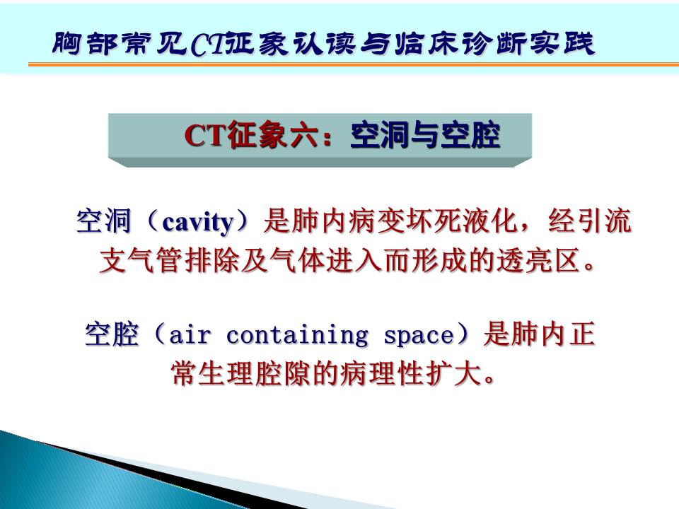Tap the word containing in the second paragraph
click(x=297, y=335)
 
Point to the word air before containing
click(x=190, y=334)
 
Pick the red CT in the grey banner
click(x=206, y=136)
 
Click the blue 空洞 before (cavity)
click(x=103, y=221)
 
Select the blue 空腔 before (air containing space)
click(x=112, y=334)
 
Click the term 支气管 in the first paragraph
click(x=140, y=261)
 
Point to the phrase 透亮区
click(x=538, y=261)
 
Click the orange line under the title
click(x=354, y=64)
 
